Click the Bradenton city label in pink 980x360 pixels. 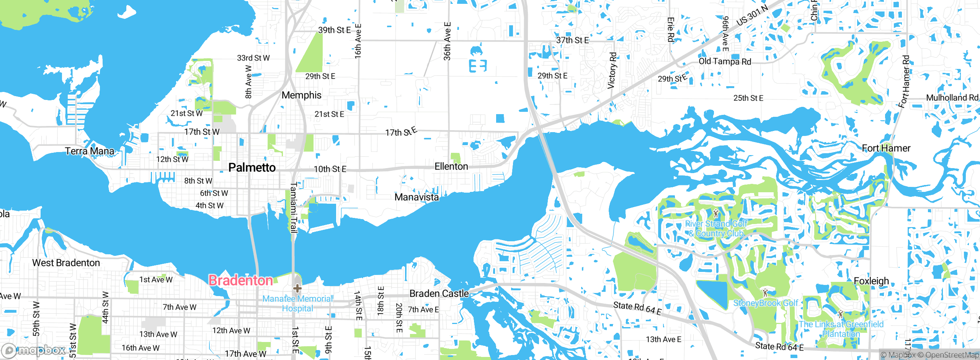(240, 281)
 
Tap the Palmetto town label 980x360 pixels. (252, 168)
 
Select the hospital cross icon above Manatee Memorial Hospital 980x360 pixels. (297, 288)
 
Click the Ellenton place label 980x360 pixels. (451, 167)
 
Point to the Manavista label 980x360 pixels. (416, 197)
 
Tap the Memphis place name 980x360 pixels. (302, 95)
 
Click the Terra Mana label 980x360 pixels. (90, 151)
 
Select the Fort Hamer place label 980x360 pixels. (886, 148)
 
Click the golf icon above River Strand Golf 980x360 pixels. (716, 213)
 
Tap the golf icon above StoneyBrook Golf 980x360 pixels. (765, 293)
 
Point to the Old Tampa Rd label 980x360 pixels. (725, 62)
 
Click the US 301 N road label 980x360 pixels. (752, 16)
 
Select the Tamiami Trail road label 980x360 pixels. (294, 208)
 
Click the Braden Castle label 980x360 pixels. (439, 294)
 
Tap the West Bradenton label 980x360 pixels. (66, 263)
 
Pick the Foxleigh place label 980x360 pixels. (871, 281)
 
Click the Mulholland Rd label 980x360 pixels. (952, 98)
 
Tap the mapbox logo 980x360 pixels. (34, 350)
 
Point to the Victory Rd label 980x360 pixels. (612, 71)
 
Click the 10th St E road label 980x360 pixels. (330, 169)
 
